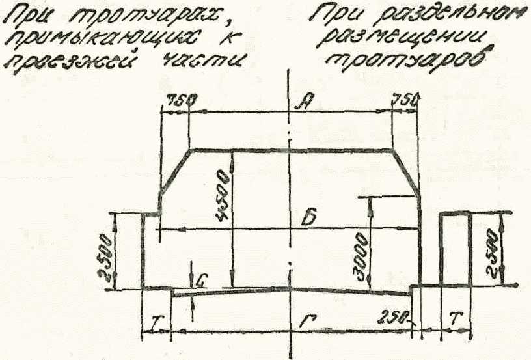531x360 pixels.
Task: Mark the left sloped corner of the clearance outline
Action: (x=174, y=171)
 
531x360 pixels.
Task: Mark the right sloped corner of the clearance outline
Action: (x=406, y=171)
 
